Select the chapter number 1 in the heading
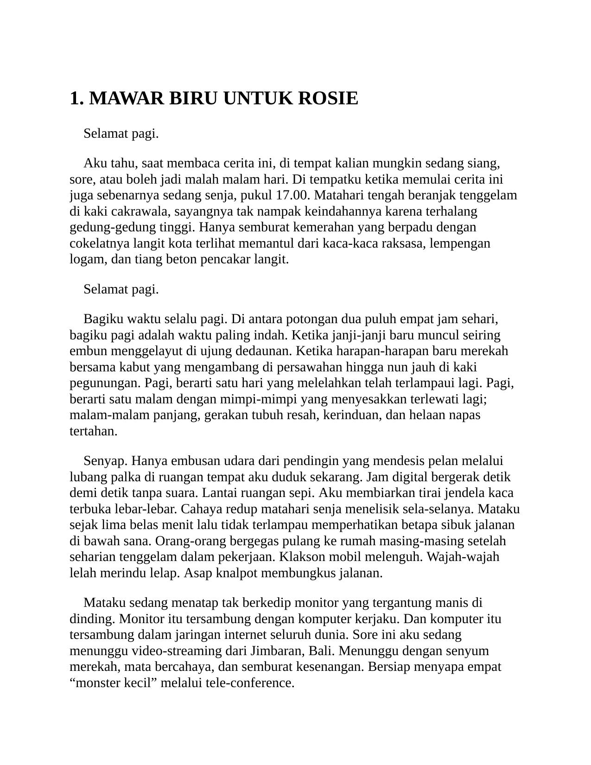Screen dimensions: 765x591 tap(74, 98)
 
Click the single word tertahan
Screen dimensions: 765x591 tap(93, 431)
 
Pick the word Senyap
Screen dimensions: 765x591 tap(106, 461)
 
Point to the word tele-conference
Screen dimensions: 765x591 tap(258, 683)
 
